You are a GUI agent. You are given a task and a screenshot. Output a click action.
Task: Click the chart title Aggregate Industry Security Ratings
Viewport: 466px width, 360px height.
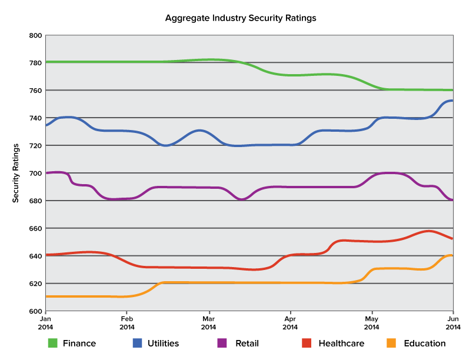241,18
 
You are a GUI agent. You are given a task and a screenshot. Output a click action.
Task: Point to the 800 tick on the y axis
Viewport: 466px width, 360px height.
36,35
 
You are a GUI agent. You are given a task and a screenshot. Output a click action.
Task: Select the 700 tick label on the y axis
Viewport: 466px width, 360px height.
36,173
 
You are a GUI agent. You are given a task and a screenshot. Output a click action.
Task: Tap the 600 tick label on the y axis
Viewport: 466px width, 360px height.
36,311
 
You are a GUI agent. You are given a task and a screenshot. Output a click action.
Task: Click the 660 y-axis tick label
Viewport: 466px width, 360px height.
36,228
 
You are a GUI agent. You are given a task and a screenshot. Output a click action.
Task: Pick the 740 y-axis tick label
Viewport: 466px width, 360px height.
36,118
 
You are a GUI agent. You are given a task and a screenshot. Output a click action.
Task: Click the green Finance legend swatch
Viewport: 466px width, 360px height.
53,343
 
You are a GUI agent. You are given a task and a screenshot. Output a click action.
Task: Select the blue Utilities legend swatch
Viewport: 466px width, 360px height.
138,343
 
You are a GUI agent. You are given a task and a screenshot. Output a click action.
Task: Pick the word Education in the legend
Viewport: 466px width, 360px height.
425,343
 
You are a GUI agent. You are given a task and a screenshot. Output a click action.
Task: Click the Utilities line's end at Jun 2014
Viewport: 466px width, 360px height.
452,101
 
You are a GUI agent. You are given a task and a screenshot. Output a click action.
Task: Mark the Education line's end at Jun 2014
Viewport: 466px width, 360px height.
452,255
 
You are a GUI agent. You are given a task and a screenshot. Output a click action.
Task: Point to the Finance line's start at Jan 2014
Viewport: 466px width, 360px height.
46,62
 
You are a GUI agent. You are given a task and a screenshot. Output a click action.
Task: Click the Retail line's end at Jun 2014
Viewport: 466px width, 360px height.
452,200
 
